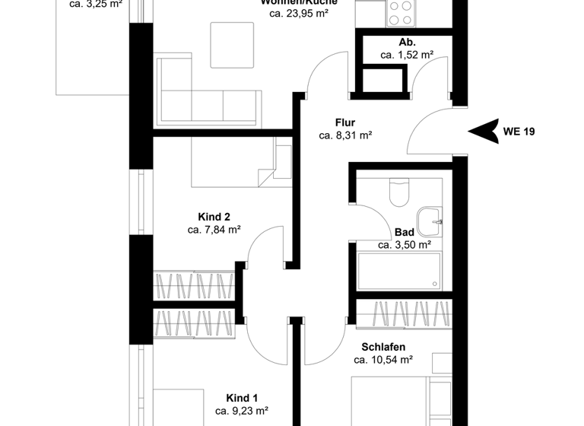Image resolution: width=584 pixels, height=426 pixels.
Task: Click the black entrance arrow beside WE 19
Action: [x=481, y=131]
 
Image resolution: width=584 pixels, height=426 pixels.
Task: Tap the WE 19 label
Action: [x=519, y=132]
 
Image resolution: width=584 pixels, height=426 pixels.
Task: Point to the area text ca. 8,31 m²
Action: [x=345, y=136]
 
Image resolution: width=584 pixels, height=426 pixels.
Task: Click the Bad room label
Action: [x=404, y=232]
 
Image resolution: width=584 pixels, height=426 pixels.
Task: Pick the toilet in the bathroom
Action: [x=398, y=192]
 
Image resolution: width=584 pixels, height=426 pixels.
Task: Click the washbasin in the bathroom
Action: [x=430, y=220]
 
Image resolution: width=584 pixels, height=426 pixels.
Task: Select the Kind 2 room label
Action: [x=214, y=217]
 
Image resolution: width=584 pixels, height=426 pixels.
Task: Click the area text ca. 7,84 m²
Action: [x=214, y=230]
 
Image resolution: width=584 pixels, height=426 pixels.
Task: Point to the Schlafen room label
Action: [x=383, y=347]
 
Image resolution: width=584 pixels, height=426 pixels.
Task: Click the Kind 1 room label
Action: [x=242, y=397]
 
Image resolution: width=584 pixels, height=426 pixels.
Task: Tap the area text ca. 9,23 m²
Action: [x=242, y=411]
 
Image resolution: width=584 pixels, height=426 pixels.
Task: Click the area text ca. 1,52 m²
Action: [x=407, y=55]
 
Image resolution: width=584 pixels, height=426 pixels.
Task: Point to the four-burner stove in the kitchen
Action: [x=401, y=12]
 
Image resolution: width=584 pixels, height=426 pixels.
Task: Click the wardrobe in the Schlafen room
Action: [x=405, y=313]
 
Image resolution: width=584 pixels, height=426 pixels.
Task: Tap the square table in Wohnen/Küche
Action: [x=233, y=44]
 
